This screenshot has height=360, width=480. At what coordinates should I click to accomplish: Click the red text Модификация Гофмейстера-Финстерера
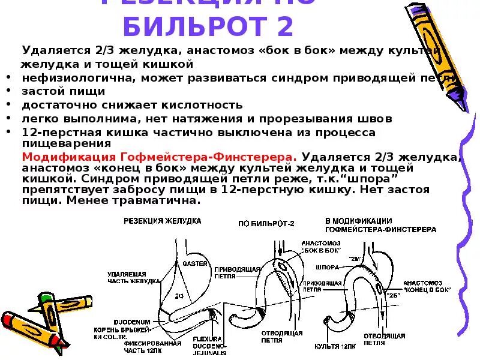(x=159, y=156)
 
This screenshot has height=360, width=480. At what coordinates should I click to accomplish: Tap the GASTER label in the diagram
(x=196, y=263)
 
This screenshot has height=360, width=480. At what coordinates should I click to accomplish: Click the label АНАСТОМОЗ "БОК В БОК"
(x=320, y=245)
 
